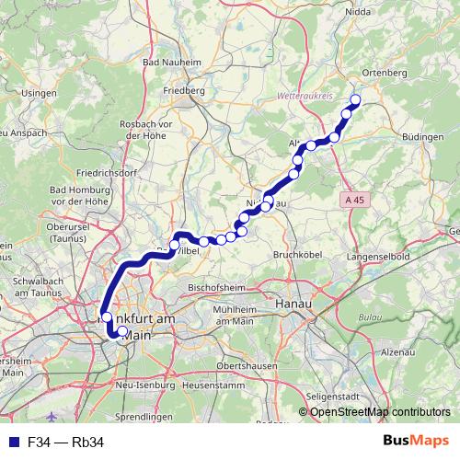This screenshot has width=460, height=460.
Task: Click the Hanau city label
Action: click(294, 302)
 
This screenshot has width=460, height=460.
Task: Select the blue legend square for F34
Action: click(10, 443)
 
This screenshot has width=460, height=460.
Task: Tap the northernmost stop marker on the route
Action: click(355, 101)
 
